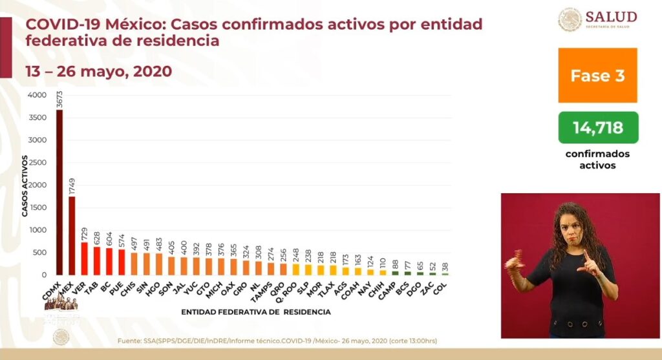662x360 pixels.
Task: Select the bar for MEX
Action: pos(72,235)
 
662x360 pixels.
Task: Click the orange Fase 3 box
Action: pos(597,75)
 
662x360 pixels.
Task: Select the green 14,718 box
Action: pos(597,127)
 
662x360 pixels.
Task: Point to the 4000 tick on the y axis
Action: pos(37,95)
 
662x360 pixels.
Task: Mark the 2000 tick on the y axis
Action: pos(37,185)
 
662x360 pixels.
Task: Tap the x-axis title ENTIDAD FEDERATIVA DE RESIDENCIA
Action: pos(256,312)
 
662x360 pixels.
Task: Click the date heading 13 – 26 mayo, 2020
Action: pos(98,71)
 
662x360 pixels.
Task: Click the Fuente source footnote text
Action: pos(281,341)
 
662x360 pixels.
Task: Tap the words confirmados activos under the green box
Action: pos(597,160)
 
